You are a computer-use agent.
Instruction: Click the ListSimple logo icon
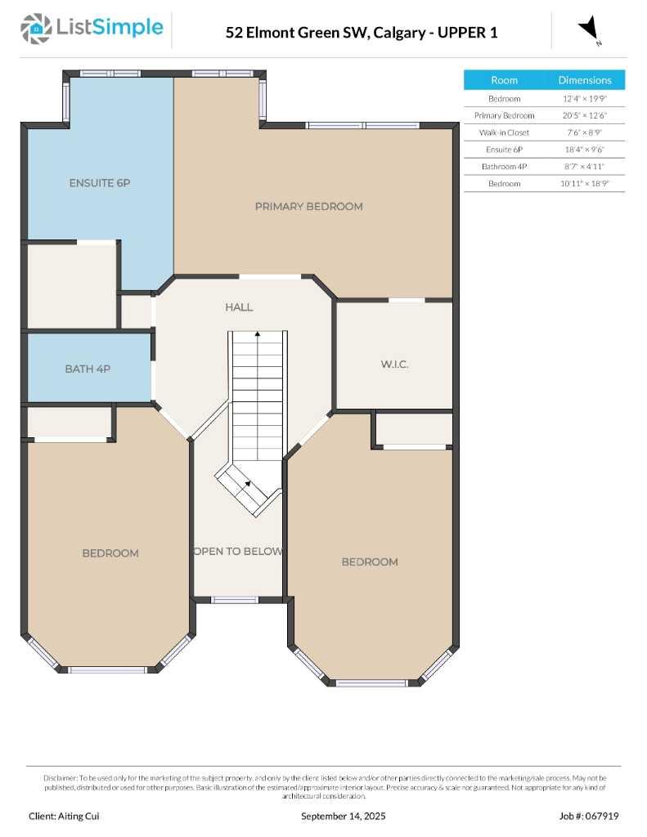(35, 29)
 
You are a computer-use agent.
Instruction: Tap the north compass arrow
(589, 29)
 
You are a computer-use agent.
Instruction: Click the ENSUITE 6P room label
(99, 183)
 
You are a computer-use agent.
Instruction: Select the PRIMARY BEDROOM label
(308, 207)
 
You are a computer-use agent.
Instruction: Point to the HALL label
(239, 307)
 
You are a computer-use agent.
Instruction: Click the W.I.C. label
(393, 365)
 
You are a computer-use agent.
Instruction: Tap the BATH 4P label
(88, 369)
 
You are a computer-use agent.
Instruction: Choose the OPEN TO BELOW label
(238, 552)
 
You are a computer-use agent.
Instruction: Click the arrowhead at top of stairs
(258, 333)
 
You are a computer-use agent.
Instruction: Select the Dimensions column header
(584, 80)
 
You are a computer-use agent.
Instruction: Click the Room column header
(504, 80)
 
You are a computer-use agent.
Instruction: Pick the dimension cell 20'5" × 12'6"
(584, 115)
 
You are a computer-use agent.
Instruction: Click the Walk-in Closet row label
(504, 132)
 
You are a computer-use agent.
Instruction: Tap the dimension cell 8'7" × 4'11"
(584, 167)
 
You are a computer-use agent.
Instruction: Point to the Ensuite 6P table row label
(504, 150)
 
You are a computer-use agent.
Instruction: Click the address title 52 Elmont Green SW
(361, 33)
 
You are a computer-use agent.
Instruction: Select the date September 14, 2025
(343, 816)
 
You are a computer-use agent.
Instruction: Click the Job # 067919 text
(588, 816)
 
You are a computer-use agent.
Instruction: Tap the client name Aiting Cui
(65, 816)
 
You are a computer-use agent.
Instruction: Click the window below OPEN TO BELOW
(236, 600)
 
